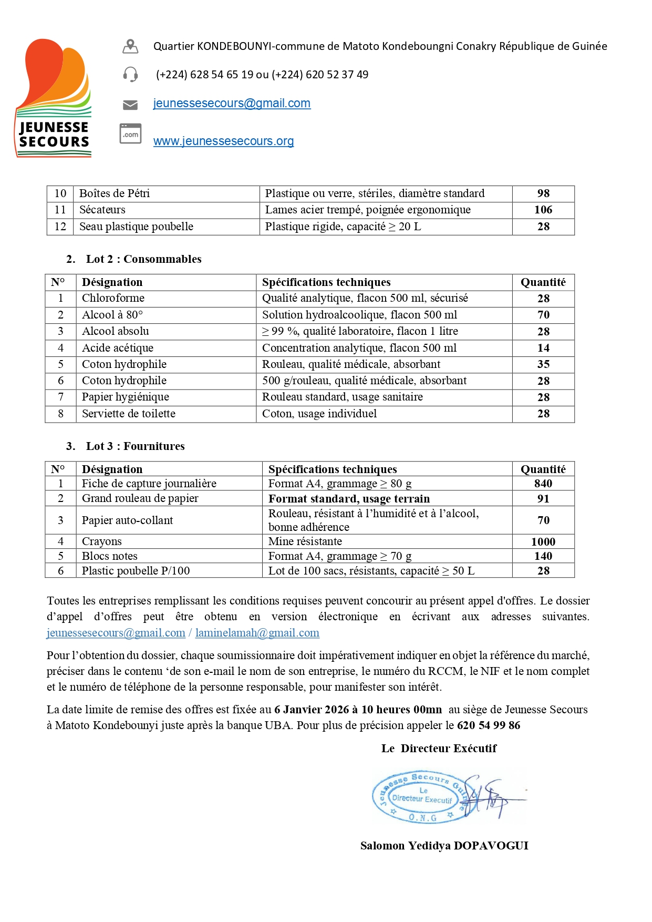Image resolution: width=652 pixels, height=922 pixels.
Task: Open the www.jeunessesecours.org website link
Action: [x=223, y=141]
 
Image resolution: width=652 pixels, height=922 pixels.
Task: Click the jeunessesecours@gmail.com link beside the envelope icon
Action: [x=232, y=103]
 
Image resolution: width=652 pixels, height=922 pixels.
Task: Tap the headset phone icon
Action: [x=130, y=74]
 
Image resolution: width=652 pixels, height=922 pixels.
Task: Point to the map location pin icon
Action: [x=130, y=46]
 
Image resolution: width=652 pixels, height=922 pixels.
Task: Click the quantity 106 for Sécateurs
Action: [x=543, y=210]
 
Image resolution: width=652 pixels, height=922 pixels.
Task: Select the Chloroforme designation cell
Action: [x=113, y=298]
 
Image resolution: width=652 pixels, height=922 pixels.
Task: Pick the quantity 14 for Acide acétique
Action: [x=543, y=348]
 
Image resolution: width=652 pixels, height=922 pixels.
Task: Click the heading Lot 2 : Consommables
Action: [x=143, y=259]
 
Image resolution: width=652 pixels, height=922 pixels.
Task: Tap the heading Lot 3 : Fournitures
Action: [x=135, y=446]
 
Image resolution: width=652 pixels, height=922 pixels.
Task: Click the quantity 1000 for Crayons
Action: [x=543, y=541]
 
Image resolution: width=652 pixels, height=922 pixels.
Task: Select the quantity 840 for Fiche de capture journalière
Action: [x=543, y=484]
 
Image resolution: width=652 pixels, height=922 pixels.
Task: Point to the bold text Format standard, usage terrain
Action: [x=349, y=498]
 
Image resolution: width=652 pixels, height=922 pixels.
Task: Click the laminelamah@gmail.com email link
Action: [x=257, y=633]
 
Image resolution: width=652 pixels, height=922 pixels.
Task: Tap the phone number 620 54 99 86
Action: [x=489, y=725]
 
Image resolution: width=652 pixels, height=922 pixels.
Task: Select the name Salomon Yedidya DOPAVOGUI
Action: [x=444, y=845]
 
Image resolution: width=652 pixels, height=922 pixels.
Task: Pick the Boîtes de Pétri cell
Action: [x=115, y=193]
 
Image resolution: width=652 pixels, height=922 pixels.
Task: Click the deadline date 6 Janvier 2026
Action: [x=312, y=710]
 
